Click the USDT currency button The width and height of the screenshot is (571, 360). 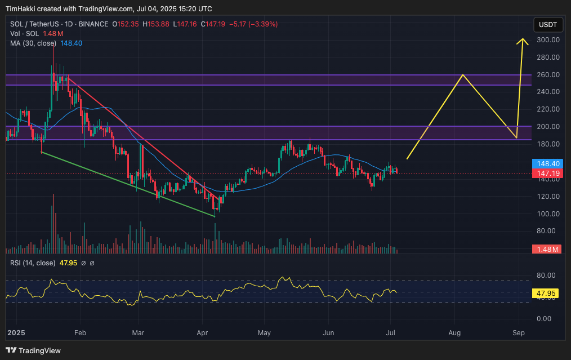[x=548, y=25]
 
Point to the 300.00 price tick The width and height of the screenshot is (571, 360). [x=548, y=40]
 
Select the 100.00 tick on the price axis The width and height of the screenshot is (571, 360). [x=548, y=214]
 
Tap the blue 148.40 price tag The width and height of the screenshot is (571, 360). [x=548, y=164]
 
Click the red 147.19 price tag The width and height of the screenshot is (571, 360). [x=548, y=174]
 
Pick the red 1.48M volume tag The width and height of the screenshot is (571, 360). [x=548, y=249]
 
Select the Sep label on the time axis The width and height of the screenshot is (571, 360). [x=519, y=332]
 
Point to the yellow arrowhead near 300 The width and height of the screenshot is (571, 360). [x=523, y=41]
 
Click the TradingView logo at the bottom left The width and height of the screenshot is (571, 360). [x=34, y=350]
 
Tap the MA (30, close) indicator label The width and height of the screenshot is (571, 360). [x=33, y=43]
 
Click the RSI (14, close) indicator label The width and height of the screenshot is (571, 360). [x=33, y=263]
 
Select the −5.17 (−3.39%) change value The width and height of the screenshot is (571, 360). [x=254, y=24]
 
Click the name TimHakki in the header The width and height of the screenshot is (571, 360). [x=22, y=8]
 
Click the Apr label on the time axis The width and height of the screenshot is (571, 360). [x=203, y=332]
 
